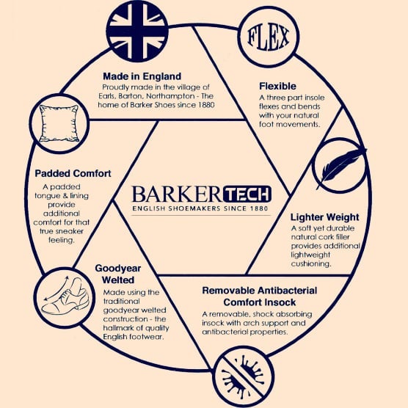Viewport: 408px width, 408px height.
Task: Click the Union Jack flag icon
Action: [x=137, y=32]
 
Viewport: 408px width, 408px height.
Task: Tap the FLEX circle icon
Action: [x=269, y=37]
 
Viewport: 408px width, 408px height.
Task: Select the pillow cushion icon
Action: [x=59, y=123]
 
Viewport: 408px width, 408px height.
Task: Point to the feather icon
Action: [x=340, y=166]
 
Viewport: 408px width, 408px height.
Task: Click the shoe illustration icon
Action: [x=65, y=298]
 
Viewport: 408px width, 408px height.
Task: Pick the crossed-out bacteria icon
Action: [x=243, y=376]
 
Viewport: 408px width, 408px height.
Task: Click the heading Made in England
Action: [x=142, y=76]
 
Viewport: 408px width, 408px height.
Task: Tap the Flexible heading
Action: [x=277, y=86]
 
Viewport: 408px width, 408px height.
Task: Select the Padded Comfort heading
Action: [x=73, y=173]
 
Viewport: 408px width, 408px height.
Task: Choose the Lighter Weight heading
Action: [x=325, y=217]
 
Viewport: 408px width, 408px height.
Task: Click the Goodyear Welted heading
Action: [x=118, y=274]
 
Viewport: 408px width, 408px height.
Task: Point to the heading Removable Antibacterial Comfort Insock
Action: [x=260, y=296]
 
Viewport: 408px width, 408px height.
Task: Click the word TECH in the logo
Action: [x=247, y=194]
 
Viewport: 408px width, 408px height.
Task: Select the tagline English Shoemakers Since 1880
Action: [x=200, y=208]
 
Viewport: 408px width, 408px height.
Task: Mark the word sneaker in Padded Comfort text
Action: [x=69, y=231]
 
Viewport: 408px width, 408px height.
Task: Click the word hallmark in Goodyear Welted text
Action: [x=116, y=328]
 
